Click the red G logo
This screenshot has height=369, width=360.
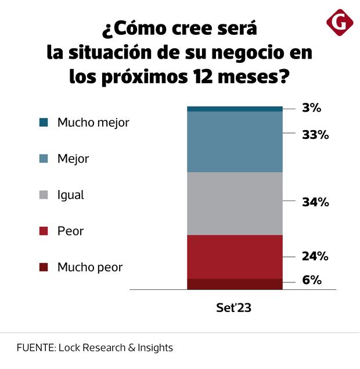click(x=340, y=23)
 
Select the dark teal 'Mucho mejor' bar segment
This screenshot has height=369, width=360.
click(x=235, y=109)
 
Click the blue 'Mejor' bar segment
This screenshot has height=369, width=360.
click(x=235, y=141)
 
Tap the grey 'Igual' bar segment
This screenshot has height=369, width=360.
click(x=235, y=203)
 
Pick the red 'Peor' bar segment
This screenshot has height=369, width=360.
click(x=235, y=257)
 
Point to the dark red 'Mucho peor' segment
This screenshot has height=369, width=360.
click(x=235, y=284)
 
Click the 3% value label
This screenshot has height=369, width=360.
click(x=311, y=108)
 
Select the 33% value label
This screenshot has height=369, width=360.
click(x=315, y=135)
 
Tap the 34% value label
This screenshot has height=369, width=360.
click(x=315, y=202)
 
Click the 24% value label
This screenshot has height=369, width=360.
click(x=315, y=256)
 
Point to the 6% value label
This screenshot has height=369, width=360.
click(x=312, y=280)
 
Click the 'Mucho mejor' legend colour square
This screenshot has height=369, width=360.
click(x=43, y=123)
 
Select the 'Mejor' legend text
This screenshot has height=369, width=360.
click(x=73, y=159)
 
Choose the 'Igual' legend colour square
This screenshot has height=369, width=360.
click(x=43, y=195)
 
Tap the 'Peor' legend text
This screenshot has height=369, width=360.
click(x=70, y=231)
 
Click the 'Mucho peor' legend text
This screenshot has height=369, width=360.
click(x=89, y=267)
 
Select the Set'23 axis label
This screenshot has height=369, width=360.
click(x=235, y=309)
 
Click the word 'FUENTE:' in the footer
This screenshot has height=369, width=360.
click(x=35, y=348)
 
